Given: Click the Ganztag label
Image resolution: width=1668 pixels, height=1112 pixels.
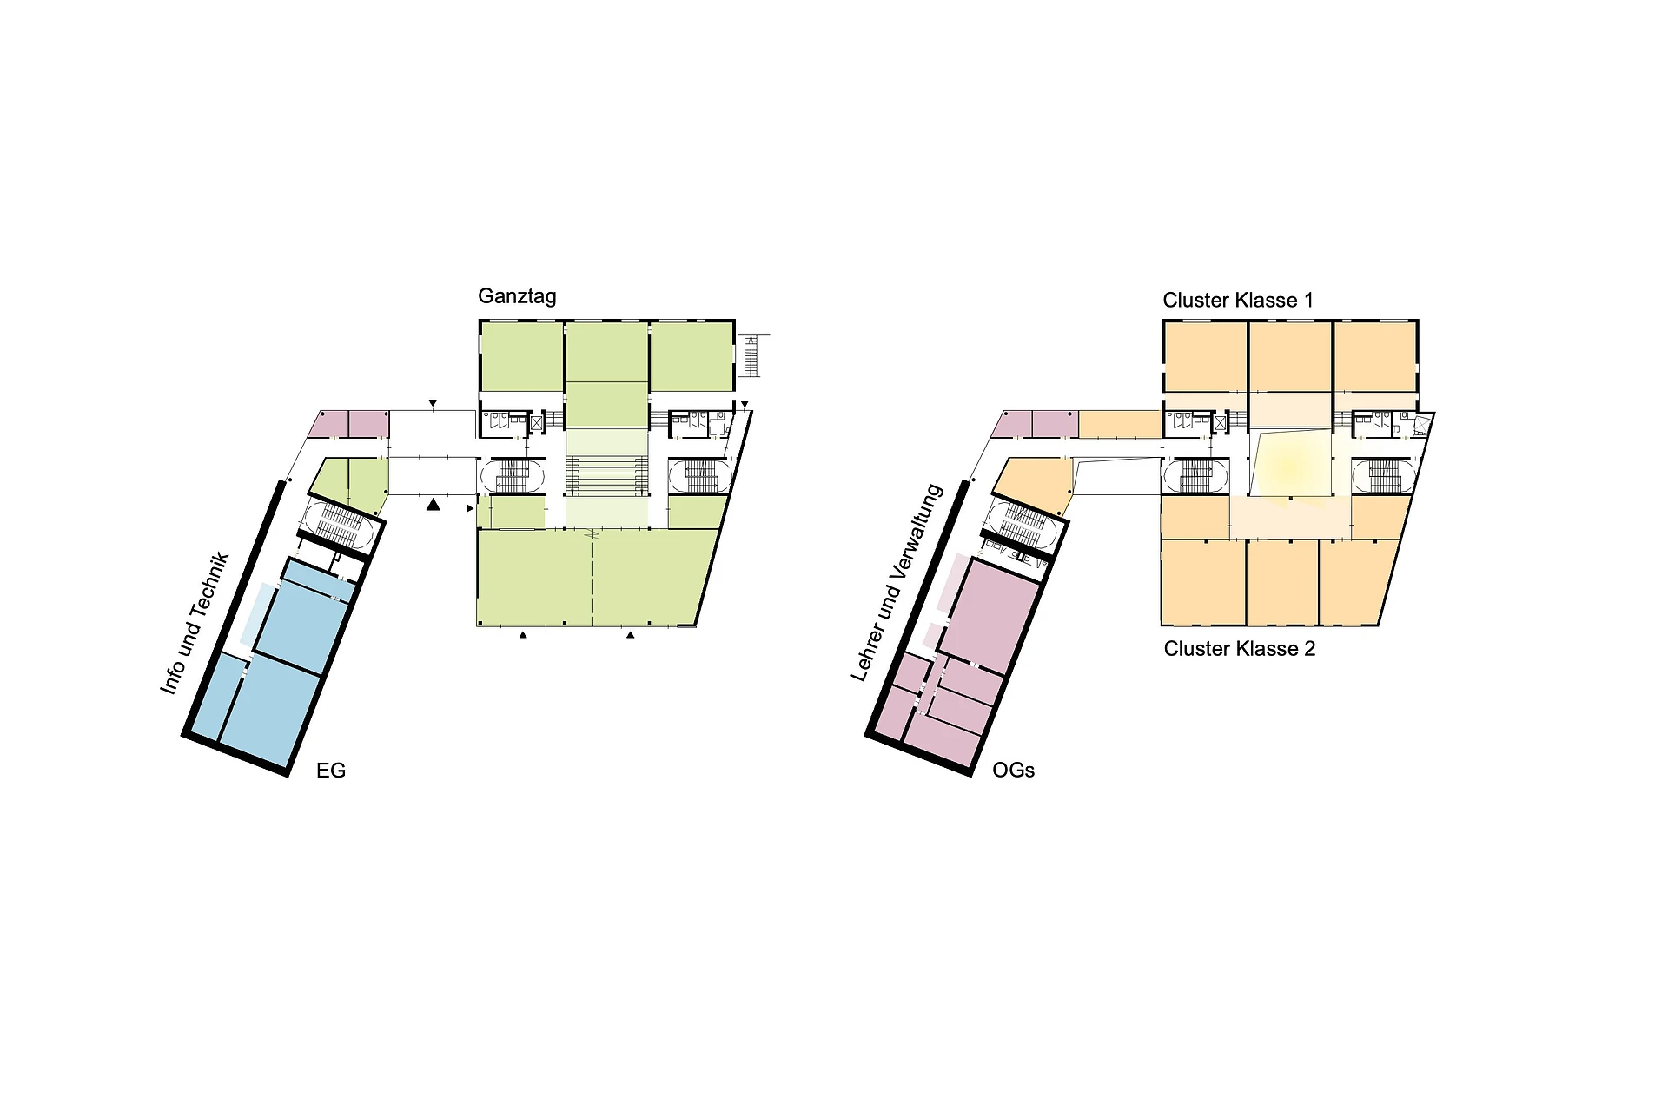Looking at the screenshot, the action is point(517,296).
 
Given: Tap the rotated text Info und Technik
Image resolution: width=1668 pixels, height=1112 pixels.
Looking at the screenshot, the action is point(195,622).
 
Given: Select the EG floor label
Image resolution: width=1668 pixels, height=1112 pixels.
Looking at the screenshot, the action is point(331,771).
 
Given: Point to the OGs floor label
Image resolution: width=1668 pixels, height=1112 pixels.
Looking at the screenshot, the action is point(1013,771).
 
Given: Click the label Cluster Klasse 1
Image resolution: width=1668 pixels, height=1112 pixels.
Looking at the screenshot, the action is point(1238,301).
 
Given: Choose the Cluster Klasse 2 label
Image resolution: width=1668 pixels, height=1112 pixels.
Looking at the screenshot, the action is point(1240,649).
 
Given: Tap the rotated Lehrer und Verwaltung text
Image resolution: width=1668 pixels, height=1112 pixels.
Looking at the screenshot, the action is point(896,583).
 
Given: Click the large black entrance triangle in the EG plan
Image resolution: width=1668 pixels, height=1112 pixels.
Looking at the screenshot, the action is point(434,504).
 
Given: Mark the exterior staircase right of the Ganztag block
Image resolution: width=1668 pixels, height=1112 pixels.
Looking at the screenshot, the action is point(751,355).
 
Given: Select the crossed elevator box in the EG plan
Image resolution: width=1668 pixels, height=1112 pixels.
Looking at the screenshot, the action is point(536,423).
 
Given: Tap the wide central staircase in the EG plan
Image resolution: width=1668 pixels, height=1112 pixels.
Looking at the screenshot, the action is point(607,476).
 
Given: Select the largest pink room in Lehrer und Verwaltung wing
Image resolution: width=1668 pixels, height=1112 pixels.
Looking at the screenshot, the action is point(990,617).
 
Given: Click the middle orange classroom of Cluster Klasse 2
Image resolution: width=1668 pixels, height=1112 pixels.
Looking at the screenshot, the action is point(1282,581).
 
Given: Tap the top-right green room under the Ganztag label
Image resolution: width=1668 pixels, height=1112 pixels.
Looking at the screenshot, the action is point(691,357).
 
